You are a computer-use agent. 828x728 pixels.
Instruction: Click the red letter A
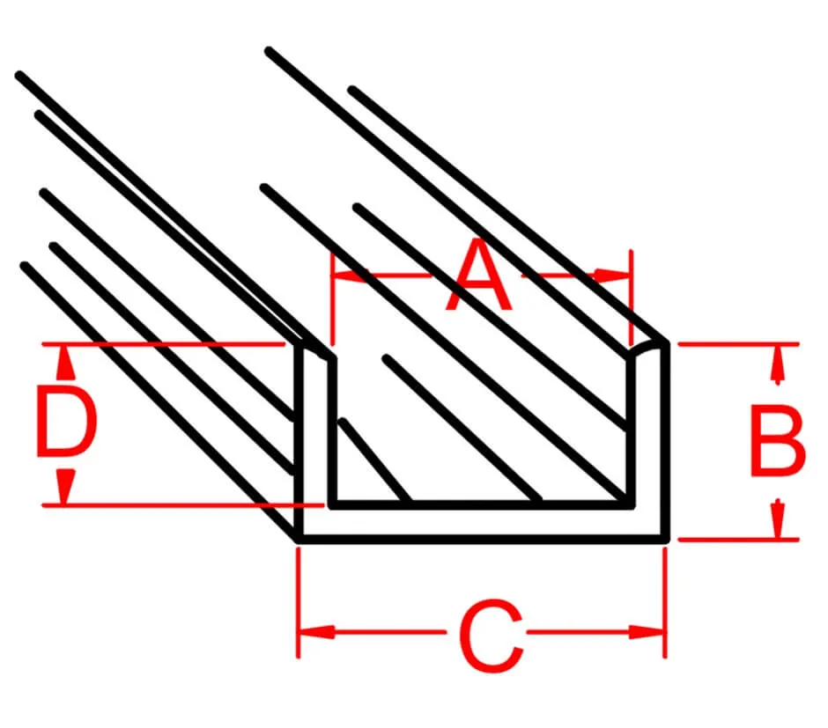479,275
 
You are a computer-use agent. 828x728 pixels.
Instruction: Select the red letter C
492,636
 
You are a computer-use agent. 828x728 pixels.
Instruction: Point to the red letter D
67,421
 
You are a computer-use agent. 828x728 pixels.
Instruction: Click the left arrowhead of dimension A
349,275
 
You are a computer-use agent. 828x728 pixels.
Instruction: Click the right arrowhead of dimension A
611,275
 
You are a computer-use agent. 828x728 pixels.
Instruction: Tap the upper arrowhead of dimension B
776,364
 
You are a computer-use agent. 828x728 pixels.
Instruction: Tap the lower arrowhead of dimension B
776,519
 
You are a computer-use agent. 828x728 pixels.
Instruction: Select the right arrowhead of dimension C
646,631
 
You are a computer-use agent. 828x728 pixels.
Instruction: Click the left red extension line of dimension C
299,602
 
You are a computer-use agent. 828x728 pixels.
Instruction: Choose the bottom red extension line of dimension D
182,505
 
